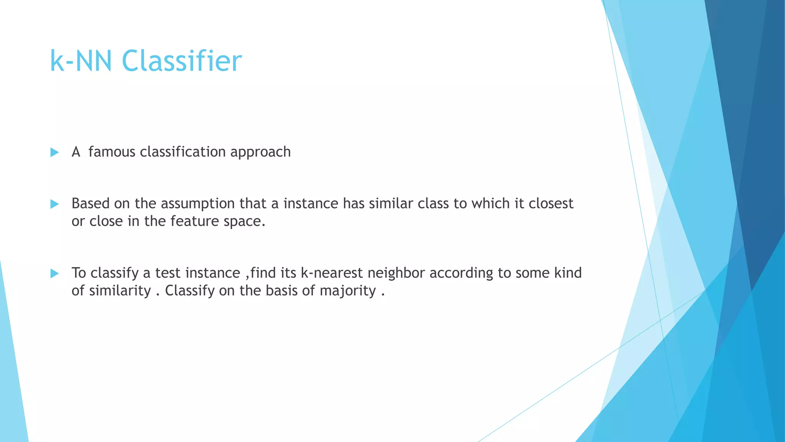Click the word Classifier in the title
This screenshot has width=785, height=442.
click(182, 61)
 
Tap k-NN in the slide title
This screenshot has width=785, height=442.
click(81, 61)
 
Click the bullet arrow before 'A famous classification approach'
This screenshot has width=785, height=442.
click(54, 152)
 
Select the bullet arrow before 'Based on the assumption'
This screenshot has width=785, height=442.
click(54, 204)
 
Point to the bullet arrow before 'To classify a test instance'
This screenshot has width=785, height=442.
click(54, 273)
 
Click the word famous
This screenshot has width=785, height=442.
click(112, 152)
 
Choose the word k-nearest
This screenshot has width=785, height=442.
click(332, 273)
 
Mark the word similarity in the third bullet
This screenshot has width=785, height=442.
click(120, 291)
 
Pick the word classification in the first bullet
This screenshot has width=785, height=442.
click(183, 152)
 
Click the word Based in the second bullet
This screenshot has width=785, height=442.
click(90, 203)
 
